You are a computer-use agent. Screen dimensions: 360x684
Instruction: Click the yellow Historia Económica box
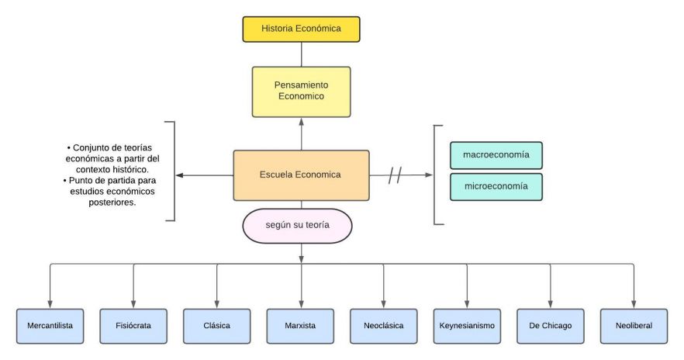coord(300,29)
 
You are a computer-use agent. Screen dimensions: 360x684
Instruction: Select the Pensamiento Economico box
coord(300,91)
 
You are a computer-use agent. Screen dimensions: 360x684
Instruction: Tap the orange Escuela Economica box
coord(300,175)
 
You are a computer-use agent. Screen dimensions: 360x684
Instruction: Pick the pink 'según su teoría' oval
coord(299,226)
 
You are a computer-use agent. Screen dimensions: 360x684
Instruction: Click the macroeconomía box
coord(496,155)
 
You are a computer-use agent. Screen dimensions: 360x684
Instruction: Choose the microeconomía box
coord(496,186)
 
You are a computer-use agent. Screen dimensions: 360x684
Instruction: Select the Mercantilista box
coord(50,326)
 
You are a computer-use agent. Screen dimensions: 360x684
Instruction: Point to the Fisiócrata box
coord(133,326)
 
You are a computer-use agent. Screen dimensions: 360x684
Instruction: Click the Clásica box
coord(217,326)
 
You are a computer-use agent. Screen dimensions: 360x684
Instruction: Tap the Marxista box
coord(300,326)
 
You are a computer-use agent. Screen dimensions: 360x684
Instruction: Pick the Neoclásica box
coord(383,326)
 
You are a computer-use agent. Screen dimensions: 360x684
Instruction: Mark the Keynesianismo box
coord(467,326)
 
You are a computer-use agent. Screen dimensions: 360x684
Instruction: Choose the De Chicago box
coord(550,326)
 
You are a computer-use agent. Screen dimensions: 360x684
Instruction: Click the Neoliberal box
coord(633,326)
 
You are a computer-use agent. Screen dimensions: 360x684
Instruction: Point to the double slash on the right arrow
coord(395,175)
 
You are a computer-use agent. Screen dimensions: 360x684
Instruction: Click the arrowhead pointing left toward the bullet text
coord(180,175)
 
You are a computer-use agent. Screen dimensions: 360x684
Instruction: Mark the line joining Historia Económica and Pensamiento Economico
coord(301,54)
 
